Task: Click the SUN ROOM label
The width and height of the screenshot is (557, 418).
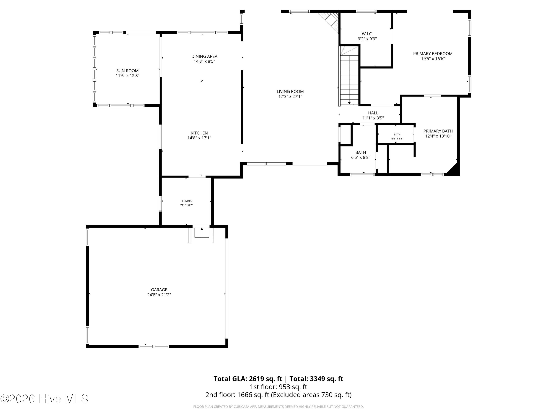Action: [127, 71]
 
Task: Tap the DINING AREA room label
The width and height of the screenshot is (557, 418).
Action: [204, 56]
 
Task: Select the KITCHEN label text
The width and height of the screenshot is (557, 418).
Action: [199, 133]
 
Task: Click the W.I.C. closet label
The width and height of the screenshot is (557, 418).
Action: [367, 34]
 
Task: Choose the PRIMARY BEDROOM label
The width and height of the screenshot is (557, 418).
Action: [433, 54]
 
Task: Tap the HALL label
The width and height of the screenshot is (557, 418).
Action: [373, 113]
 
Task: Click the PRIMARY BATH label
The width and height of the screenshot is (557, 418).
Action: [438, 131]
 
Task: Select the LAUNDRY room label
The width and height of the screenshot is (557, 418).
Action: [186, 201]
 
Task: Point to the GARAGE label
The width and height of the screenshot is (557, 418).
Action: [159, 290]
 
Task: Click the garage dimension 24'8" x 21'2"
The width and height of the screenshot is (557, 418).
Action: [159, 295]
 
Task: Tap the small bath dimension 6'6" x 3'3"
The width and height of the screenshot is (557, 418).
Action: [397, 139]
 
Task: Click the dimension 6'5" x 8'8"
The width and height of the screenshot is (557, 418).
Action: [361, 158]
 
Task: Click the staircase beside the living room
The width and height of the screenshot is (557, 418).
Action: [349, 76]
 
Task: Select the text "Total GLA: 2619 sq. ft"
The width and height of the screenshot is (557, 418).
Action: [248, 379]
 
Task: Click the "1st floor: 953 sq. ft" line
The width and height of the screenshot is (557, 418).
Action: [278, 387]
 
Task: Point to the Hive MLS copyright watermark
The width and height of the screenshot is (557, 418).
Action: [44, 399]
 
